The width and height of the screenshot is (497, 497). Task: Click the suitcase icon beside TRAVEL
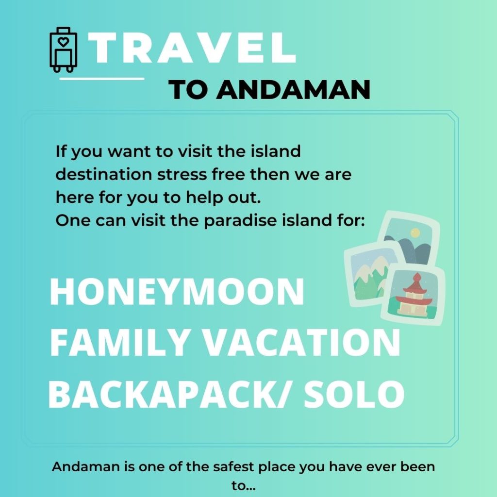64,50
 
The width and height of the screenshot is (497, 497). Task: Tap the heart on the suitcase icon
64,42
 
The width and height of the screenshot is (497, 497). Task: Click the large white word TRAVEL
192,48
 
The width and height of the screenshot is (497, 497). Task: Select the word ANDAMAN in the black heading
293,90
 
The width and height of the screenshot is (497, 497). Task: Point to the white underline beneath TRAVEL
102,78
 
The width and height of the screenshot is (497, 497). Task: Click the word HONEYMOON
177,291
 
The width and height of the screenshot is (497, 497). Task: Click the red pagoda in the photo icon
415,295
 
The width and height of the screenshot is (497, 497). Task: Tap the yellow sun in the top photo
415,233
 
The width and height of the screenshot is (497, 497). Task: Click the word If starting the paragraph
61,151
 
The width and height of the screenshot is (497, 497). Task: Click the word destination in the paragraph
104,174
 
